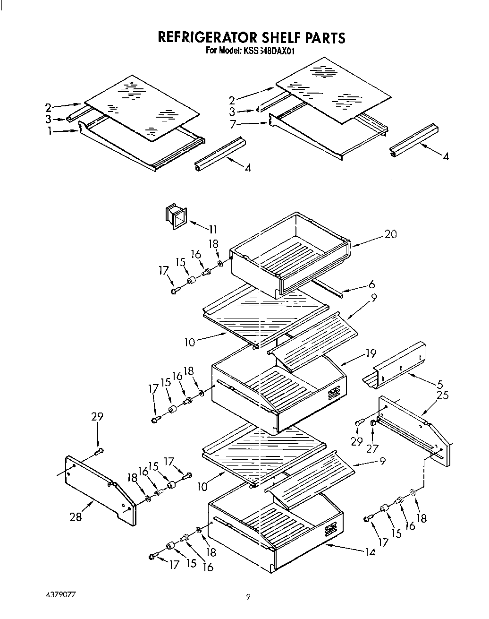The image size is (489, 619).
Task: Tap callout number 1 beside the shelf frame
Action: [x=49, y=132]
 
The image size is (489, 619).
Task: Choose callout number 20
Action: [x=390, y=234]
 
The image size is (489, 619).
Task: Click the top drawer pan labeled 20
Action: [x=290, y=253]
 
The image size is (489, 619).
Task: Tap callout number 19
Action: [x=371, y=353]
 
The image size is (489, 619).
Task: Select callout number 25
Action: [x=442, y=395]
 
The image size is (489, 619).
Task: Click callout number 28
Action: [x=76, y=516]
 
